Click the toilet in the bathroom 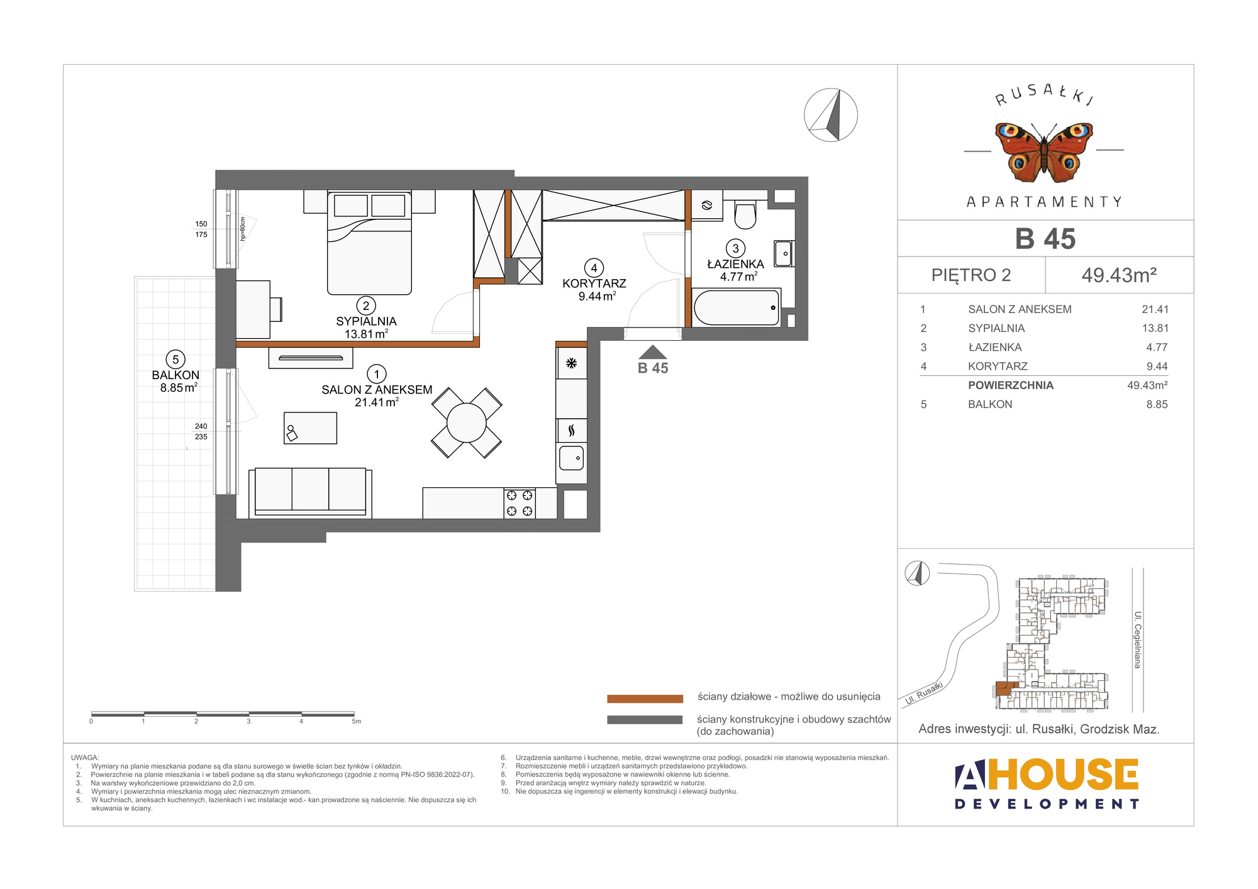(x=745, y=215)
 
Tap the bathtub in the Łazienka (x=736, y=307)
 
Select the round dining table (x=466, y=422)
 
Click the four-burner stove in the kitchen (x=520, y=503)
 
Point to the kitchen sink (x=571, y=458)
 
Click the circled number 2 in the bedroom (x=366, y=306)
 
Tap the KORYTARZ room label (x=594, y=284)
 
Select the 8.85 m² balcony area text (x=179, y=387)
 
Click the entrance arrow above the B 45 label (x=652, y=352)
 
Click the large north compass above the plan (x=831, y=115)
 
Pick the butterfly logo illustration (x=1044, y=152)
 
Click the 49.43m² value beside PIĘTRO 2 (x=1119, y=275)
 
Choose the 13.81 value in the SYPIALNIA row (x=1155, y=328)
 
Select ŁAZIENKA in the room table (x=995, y=347)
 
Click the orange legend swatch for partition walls (x=645, y=698)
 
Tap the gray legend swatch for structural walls (x=645, y=720)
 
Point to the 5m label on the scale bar (x=357, y=722)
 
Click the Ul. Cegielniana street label (x=1137, y=639)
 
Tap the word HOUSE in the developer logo (x=1063, y=774)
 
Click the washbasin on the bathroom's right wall (x=784, y=253)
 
